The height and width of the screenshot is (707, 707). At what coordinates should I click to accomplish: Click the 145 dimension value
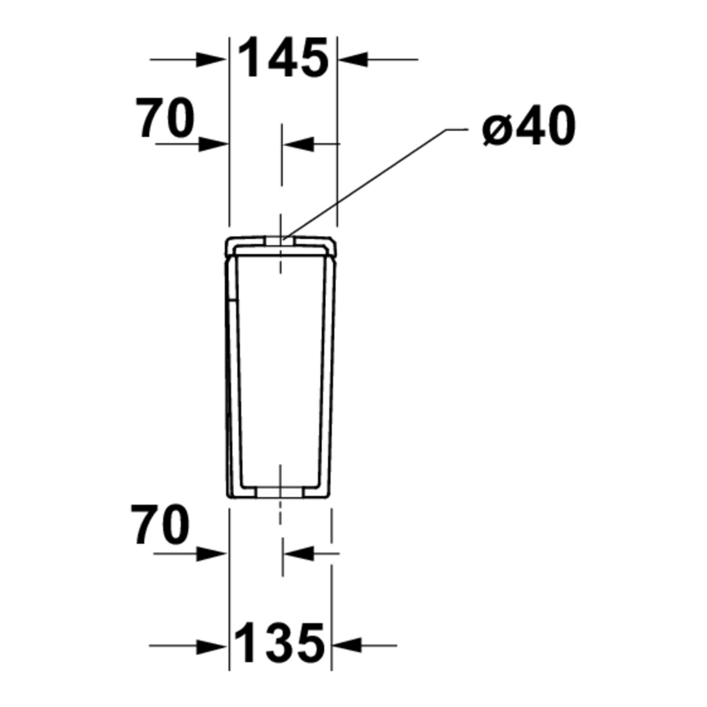[283, 58]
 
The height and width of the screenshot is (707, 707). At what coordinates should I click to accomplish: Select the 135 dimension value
[280, 643]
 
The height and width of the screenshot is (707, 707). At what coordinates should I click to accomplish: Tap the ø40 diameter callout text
[529, 125]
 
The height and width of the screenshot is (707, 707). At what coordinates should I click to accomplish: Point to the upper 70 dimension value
[165, 118]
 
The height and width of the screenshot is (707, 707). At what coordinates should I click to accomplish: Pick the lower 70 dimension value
[161, 525]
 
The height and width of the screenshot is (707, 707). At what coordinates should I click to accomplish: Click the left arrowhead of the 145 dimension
[212, 59]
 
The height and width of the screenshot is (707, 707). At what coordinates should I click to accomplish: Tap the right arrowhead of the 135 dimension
[347, 645]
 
